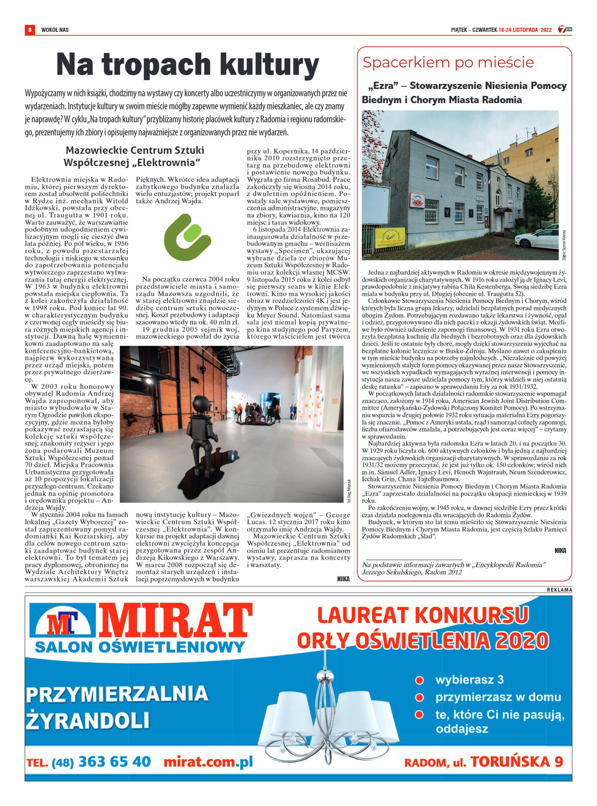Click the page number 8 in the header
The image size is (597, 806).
pyautogui.click(x=30, y=30)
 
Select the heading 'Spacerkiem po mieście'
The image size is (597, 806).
pyautogui.click(x=448, y=62)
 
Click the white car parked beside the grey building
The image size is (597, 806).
pyautogui.click(x=536, y=238)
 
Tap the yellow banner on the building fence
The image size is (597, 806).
pyautogui.click(x=390, y=237)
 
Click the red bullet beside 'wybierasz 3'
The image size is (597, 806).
pyautogui.click(x=420, y=680)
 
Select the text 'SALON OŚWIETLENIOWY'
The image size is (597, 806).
pyautogui.click(x=139, y=647)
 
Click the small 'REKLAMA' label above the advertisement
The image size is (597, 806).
pyautogui.click(x=559, y=590)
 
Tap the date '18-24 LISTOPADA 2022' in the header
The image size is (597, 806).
pyautogui.click(x=525, y=30)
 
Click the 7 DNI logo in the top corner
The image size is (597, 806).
pyautogui.click(x=564, y=29)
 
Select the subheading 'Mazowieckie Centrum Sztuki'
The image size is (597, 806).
pyautogui.click(x=135, y=150)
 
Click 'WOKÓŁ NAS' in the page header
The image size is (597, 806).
pyautogui.click(x=55, y=30)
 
